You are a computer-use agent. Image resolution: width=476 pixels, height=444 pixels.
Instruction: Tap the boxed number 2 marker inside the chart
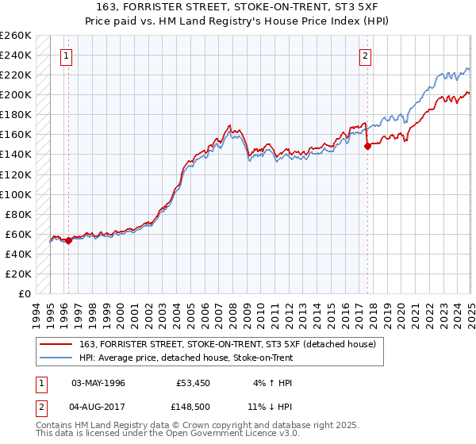365,55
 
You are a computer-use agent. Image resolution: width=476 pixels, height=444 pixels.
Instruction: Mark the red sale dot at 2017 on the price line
368,146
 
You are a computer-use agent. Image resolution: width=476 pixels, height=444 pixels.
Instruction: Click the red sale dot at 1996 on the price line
68,241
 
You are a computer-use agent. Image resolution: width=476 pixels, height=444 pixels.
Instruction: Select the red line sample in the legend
56,343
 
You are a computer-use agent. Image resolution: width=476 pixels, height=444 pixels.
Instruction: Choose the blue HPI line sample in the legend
56,358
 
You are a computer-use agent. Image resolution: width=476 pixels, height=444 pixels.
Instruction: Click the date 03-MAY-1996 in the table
98,383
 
